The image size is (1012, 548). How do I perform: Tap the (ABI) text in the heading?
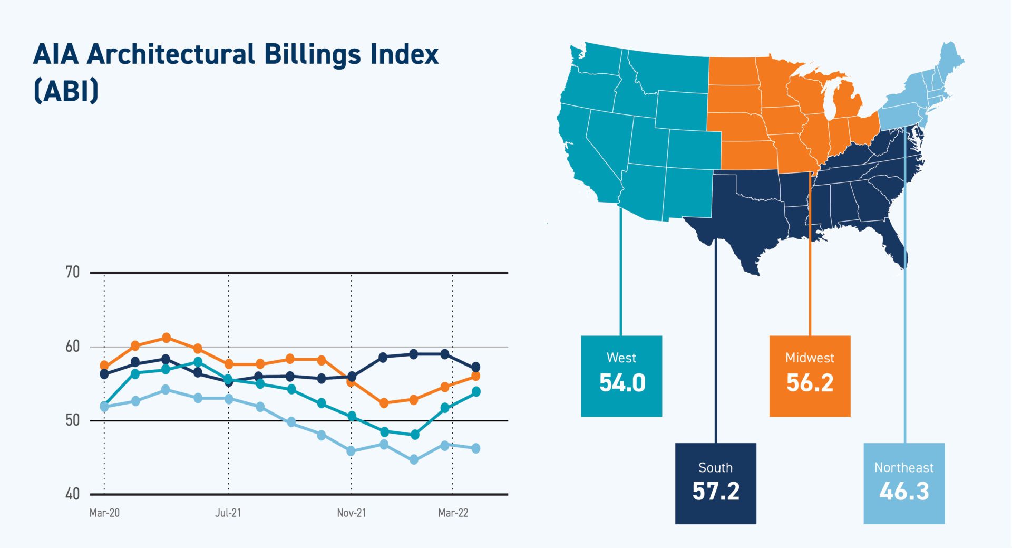(66, 91)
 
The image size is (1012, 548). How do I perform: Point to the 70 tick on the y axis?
(73, 272)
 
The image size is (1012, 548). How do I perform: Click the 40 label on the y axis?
(73, 494)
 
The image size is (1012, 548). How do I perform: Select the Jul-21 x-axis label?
(228, 513)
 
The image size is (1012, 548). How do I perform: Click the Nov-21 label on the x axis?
(351, 513)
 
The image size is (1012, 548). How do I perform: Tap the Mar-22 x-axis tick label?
(453, 513)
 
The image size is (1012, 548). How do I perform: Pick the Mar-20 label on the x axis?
(104, 513)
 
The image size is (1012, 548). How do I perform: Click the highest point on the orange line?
(166, 338)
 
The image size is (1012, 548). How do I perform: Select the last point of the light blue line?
(475, 448)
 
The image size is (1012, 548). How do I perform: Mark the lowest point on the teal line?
(415, 435)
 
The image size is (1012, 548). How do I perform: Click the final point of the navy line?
(475, 367)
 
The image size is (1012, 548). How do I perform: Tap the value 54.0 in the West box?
(622, 383)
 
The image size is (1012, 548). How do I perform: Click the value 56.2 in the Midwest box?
(810, 383)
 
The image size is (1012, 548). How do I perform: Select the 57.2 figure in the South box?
(716, 492)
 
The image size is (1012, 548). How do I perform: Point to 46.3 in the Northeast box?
(904, 492)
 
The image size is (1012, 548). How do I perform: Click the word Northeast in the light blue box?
(904, 467)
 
